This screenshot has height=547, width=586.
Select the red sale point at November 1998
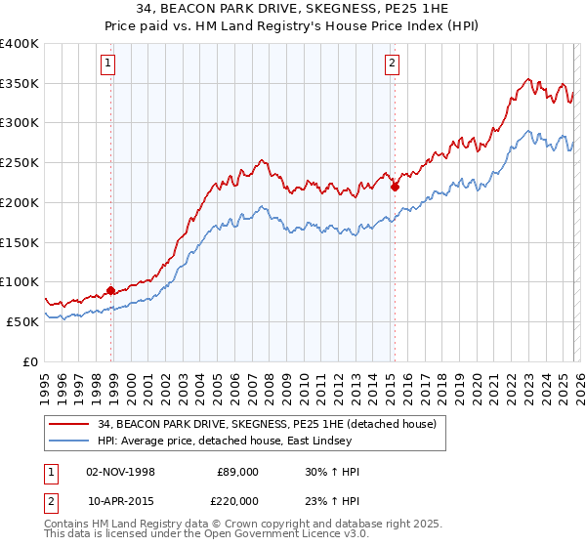pos(110,290)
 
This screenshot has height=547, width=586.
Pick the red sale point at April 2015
pos(395,187)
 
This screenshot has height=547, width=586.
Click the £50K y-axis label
pos(22,321)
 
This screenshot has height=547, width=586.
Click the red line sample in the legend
pos(69,423)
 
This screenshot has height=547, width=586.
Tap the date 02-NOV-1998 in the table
pos(121,472)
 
